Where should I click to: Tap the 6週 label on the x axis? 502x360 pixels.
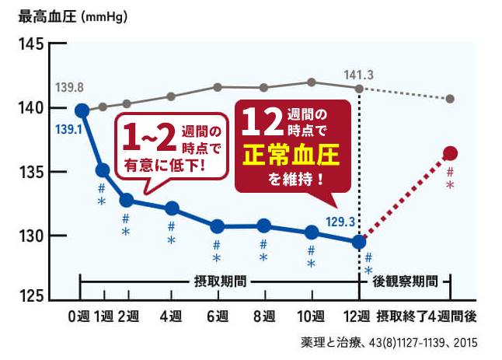(217, 316)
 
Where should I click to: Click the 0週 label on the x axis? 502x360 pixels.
(78, 316)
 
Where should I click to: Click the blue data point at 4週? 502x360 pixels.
(172, 208)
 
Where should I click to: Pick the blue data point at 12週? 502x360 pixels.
(359, 242)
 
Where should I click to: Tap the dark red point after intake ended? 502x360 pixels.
(450, 153)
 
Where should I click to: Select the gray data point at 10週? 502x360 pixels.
(312, 82)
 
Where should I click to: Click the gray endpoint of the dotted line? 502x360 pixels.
(450, 99)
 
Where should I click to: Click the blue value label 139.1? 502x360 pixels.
(70, 128)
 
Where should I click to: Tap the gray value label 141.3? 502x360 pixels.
(359, 75)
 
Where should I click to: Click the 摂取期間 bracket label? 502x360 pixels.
(219, 280)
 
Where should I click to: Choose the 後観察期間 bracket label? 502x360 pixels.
(404, 280)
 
